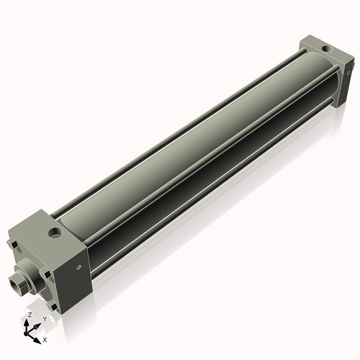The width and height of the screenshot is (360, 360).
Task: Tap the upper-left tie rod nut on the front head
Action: point(14,246)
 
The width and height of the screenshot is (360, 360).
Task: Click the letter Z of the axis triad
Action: point(29,315)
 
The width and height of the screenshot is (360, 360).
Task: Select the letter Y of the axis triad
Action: point(44,318)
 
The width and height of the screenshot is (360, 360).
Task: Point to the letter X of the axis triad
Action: point(45,338)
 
